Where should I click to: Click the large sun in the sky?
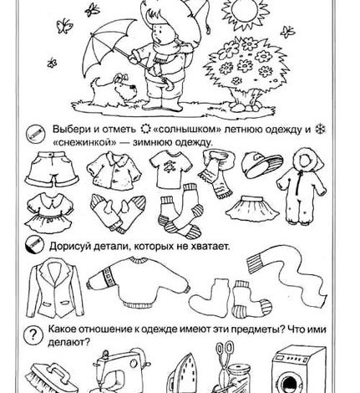click(246, 11)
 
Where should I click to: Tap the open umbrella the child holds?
click(111, 43)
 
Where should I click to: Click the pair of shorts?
click(52, 169)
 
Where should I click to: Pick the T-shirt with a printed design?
click(170, 169)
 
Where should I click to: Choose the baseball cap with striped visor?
click(261, 165)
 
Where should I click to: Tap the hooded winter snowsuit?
click(302, 186)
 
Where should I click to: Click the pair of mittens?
click(118, 212)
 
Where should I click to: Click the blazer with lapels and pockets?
click(55, 288)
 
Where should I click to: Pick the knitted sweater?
click(138, 282)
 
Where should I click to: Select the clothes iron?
click(183, 375)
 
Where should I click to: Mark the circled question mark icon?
click(33, 334)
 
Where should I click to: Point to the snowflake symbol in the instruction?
click(321, 130)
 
